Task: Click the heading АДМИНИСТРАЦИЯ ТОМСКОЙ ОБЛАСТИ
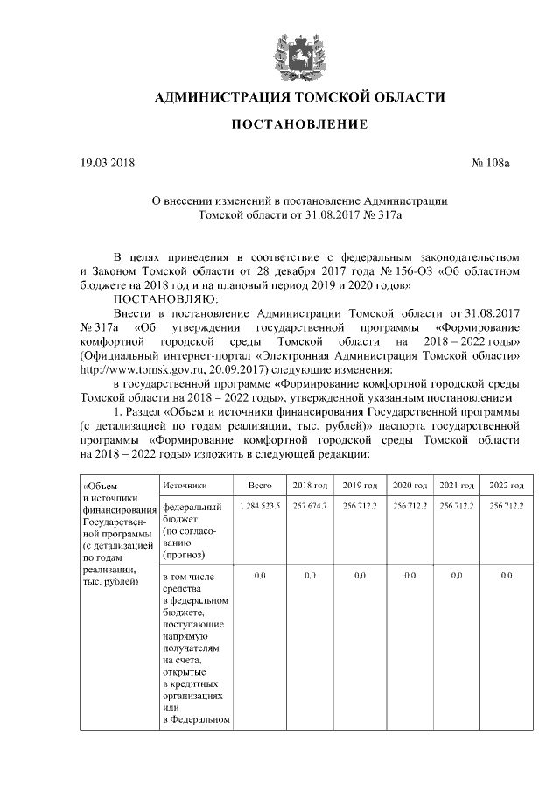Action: [299, 96]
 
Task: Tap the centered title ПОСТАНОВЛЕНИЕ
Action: [299, 126]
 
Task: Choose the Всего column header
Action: [260, 485]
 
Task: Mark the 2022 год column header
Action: [507, 485]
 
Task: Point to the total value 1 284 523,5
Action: [260, 507]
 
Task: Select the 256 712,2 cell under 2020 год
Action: [409, 507]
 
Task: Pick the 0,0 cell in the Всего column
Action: [260, 577]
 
